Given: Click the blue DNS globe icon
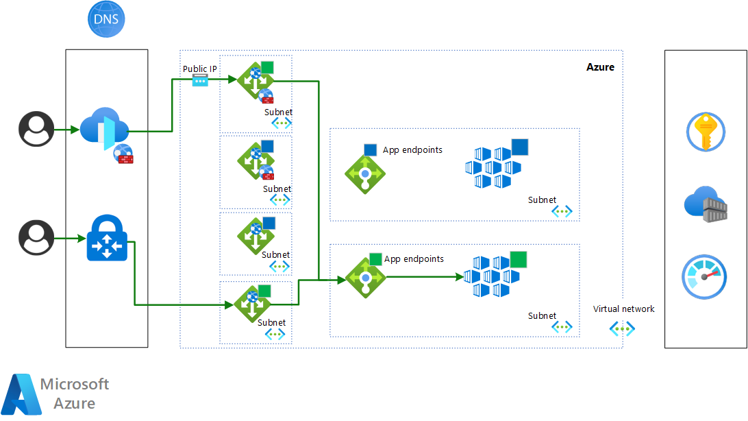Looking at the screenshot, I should click(107, 19).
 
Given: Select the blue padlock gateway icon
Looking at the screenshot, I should click(108, 239).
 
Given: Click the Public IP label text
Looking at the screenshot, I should click(200, 69).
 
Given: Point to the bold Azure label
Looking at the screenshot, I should click(600, 67).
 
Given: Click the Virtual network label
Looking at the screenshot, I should click(623, 309).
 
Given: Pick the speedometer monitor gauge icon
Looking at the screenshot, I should click(704, 276).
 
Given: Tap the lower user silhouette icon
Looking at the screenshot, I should click(36, 237).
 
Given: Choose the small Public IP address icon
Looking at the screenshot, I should click(200, 80).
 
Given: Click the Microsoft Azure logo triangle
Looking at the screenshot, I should click(21, 396).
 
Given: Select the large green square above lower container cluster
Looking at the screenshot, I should click(518, 260).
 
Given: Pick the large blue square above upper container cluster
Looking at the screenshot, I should click(520, 147).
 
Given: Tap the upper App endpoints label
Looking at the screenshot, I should click(412, 150).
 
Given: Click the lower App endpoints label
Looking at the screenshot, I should click(414, 259).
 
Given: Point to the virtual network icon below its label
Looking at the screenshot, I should click(622, 329).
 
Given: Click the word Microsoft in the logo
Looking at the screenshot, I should click(75, 384).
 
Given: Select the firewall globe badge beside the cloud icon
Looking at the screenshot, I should click(123, 154).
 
